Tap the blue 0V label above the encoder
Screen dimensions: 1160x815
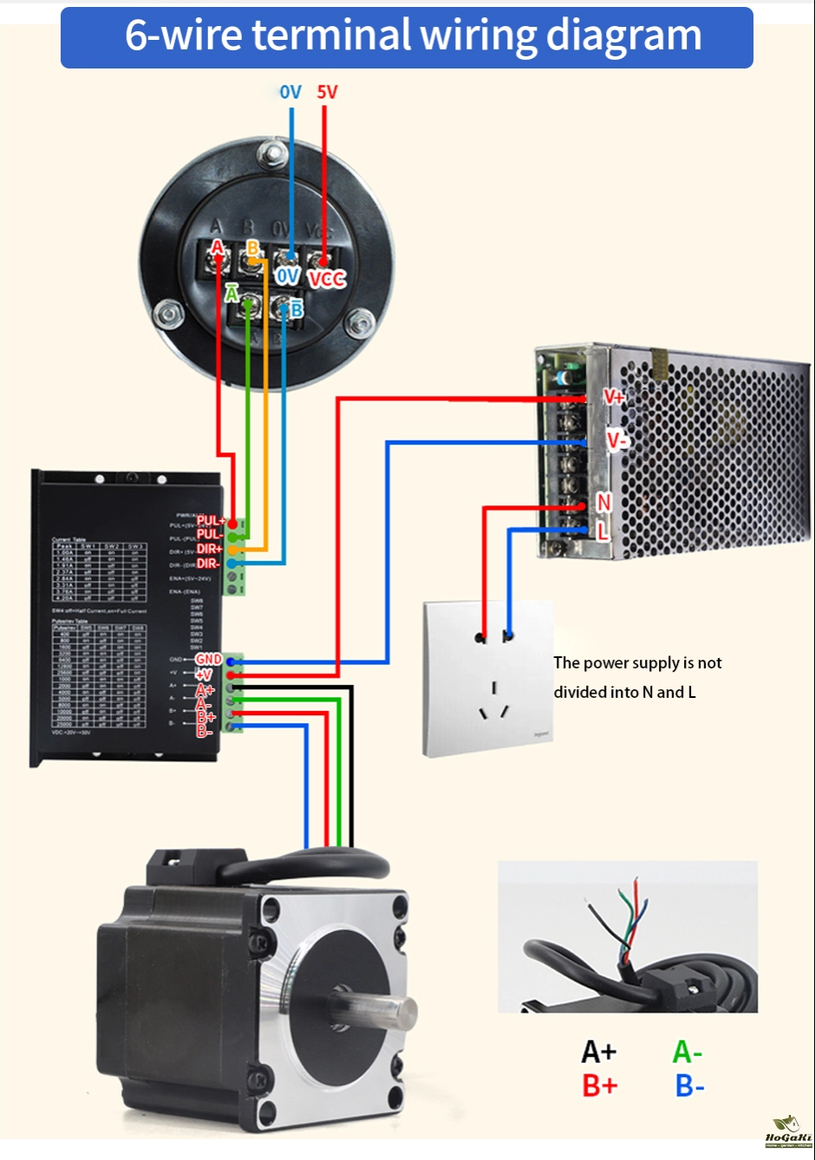(x=290, y=92)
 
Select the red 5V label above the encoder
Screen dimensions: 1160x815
(x=327, y=92)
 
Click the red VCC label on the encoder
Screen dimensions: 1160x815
(x=327, y=278)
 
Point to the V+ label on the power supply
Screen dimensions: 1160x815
(x=614, y=397)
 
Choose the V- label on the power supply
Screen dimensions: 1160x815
(x=616, y=440)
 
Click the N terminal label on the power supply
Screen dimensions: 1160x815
(x=604, y=502)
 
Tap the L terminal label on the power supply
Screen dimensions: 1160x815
(x=603, y=531)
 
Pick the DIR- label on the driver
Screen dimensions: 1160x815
(x=208, y=564)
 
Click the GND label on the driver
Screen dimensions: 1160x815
(x=209, y=660)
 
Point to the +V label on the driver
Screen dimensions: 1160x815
(x=204, y=674)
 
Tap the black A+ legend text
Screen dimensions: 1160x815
(x=599, y=1052)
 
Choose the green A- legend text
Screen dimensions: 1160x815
(x=688, y=1052)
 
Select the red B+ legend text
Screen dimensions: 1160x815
(x=599, y=1085)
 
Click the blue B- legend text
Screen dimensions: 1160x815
(x=689, y=1085)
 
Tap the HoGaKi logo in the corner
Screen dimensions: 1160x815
(x=788, y=1132)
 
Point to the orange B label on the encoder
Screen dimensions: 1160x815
(x=252, y=249)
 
